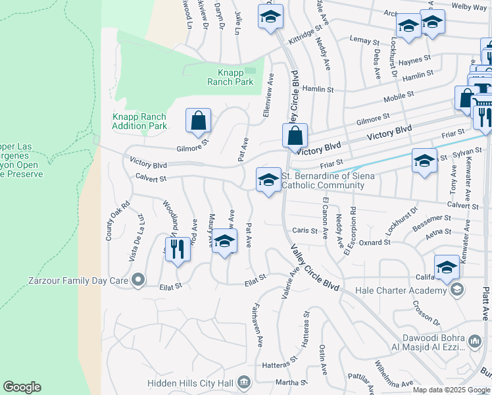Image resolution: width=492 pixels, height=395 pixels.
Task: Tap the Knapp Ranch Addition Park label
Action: [x=139, y=121]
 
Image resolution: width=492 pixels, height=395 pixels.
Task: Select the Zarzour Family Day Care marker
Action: [x=138, y=281]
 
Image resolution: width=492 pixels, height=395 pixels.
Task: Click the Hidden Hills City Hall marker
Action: [x=244, y=382]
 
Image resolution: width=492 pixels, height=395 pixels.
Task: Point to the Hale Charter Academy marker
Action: [x=456, y=290]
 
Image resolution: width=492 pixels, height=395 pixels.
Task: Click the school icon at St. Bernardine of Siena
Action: [x=268, y=180]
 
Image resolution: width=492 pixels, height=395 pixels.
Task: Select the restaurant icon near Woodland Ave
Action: [x=177, y=250]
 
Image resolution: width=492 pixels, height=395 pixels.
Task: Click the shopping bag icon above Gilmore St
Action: [x=198, y=121]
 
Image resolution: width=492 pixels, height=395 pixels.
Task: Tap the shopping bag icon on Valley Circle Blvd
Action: [x=296, y=137]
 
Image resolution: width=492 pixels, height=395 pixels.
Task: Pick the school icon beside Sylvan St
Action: [x=424, y=161]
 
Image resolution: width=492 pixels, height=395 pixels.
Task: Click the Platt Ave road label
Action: [x=486, y=290]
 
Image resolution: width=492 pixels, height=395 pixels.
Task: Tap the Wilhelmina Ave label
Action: [x=393, y=374]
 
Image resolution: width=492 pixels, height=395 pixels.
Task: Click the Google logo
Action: [x=22, y=387]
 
